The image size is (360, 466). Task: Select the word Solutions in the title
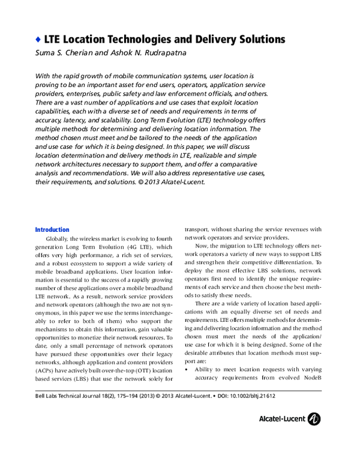tap(254, 40)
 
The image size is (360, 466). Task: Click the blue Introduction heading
tap(52, 230)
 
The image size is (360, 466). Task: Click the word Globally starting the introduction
tap(58, 238)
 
